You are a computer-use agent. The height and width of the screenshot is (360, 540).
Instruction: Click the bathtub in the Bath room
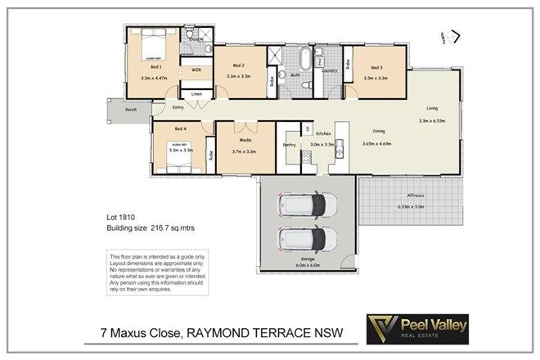click(304, 59)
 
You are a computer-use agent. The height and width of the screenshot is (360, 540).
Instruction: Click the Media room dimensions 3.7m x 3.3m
click(245, 151)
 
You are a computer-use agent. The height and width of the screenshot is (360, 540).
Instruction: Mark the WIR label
click(196, 71)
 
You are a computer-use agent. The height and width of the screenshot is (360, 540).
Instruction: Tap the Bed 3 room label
click(376, 68)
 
